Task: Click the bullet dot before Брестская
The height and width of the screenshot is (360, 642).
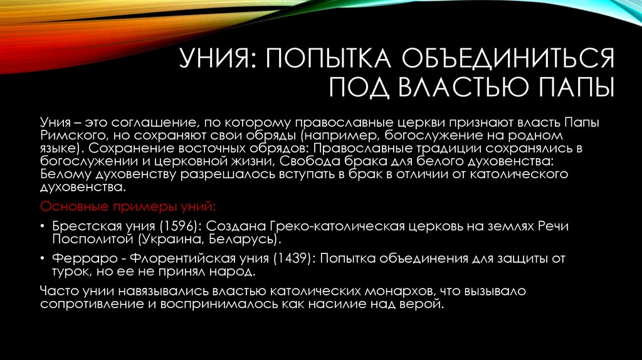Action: [x=41, y=227]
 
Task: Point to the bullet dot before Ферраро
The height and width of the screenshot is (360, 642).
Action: [x=41, y=259]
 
